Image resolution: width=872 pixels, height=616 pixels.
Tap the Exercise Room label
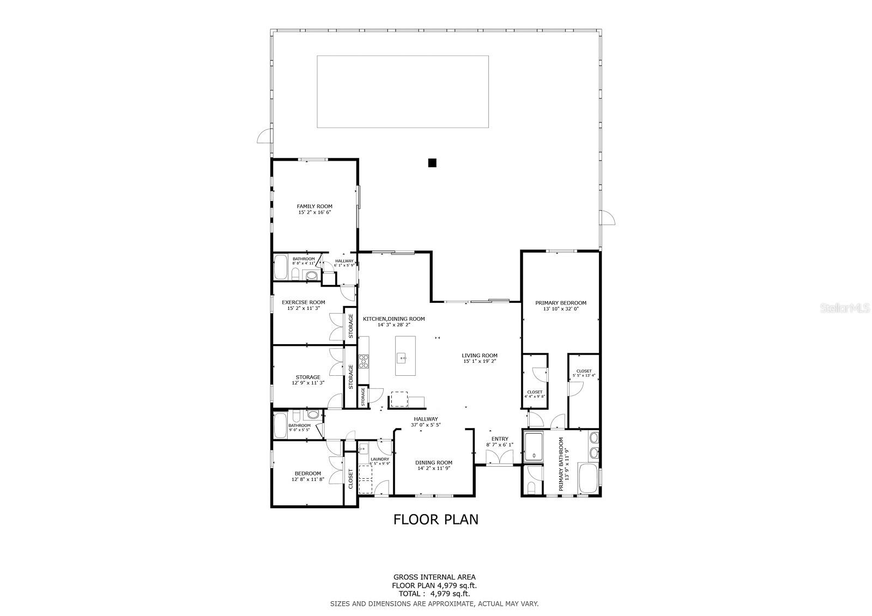coord(303,302)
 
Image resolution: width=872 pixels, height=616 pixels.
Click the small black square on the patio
coord(432,162)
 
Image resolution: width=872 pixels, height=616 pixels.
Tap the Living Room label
coord(480,356)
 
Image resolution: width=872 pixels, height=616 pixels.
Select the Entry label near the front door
coord(499,439)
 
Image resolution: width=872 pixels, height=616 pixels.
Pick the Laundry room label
coord(380,459)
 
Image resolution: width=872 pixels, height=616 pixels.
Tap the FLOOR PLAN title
coord(436,520)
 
